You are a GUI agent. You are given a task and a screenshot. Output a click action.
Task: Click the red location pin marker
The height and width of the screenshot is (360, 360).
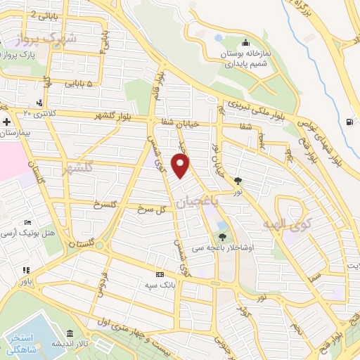tap(181, 166)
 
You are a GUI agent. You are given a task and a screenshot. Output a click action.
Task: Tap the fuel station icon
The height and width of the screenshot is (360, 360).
tap(350, 122)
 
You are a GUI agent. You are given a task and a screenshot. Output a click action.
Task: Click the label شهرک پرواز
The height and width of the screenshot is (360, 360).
tap(67, 39)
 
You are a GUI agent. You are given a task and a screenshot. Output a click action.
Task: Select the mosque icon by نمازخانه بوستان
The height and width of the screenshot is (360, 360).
tap(244, 40)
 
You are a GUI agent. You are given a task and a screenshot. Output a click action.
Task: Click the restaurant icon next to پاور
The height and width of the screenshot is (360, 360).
tap(26, 269)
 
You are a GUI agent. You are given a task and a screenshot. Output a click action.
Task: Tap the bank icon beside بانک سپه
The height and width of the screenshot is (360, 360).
tap(160, 275)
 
